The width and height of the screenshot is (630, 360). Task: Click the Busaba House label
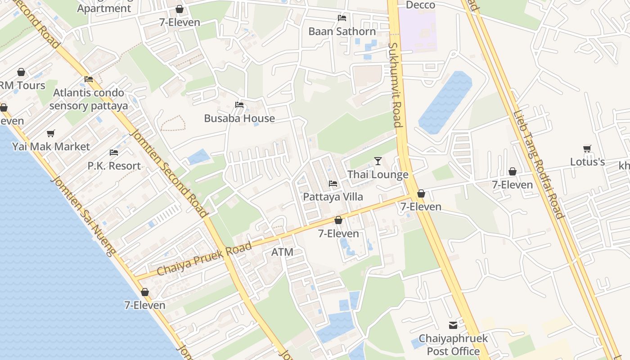point(239,118)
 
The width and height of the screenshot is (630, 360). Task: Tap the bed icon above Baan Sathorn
point(342,18)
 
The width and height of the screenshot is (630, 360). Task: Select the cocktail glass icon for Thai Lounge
point(378,161)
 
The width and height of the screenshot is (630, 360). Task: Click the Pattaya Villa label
point(333,197)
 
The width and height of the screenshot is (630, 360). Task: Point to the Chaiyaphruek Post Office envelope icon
point(453,325)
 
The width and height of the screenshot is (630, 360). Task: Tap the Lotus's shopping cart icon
point(587,148)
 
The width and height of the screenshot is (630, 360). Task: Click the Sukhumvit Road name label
point(395,85)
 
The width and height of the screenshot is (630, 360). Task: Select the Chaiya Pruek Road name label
point(204,260)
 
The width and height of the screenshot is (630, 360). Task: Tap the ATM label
point(282,252)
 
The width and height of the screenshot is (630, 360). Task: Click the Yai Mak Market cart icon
point(51,134)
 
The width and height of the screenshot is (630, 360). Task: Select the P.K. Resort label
point(114,166)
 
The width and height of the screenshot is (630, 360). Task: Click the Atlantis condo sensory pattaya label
point(89,99)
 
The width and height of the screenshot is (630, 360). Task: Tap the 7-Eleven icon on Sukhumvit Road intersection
point(421,193)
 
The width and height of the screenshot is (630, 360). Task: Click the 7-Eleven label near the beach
point(145,305)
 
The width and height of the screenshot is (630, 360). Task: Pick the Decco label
point(420,5)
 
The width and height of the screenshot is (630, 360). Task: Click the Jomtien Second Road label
point(169,173)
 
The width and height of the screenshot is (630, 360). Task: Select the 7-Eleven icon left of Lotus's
point(512,171)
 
